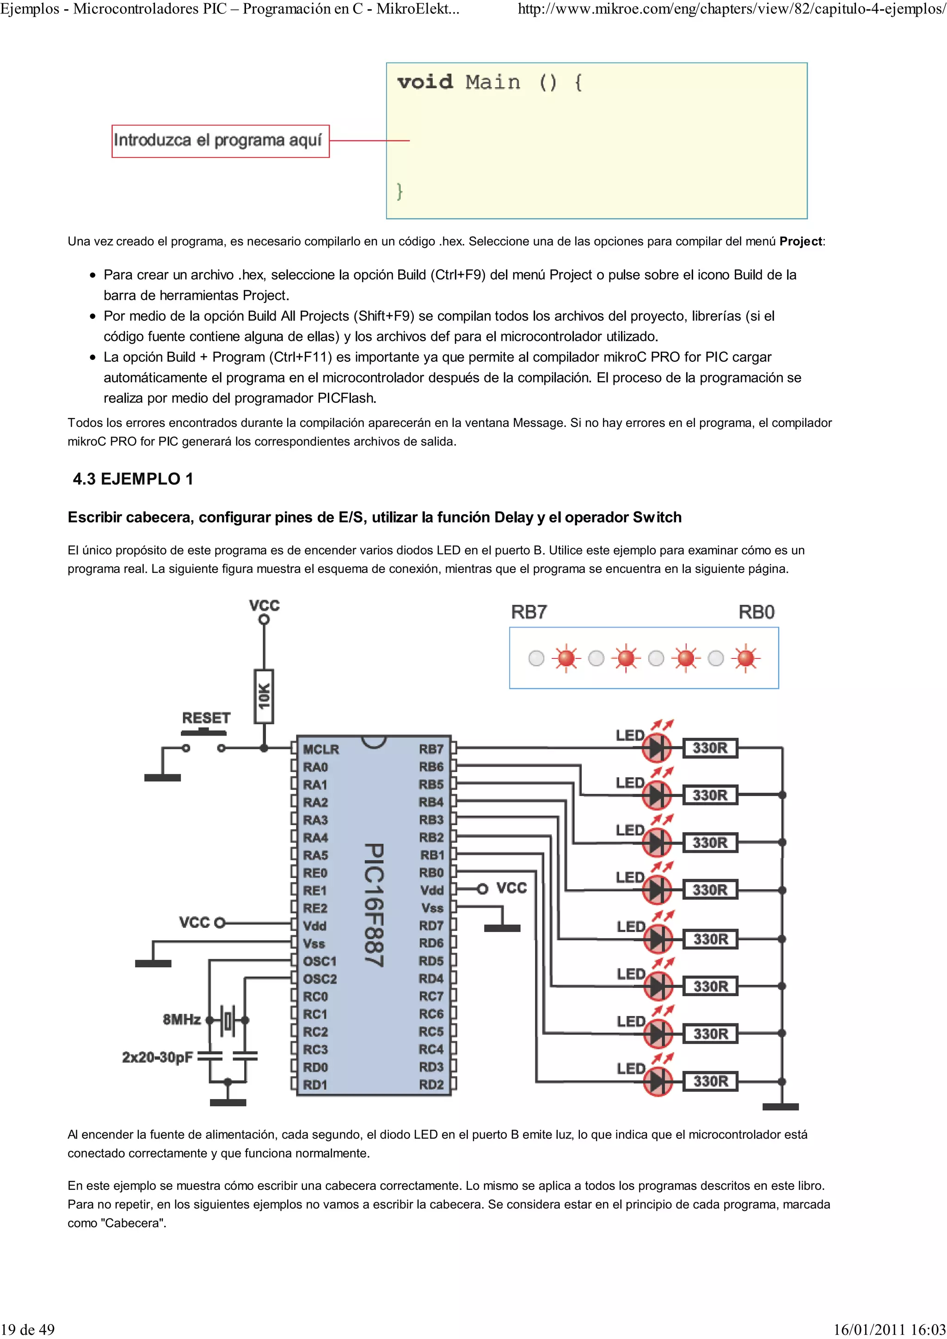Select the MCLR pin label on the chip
click(x=320, y=749)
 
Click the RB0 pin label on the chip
click(x=431, y=873)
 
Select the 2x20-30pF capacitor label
click(x=157, y=1057)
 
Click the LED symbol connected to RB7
click(x=657, y=748)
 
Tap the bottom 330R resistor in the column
click(x=710, y=1081)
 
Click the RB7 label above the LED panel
click(x=529, y=612)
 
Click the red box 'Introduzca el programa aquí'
click(x=220, y=140)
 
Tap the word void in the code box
click(x=425, y=82)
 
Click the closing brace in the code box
click(x=400, y=191)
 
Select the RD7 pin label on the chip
click(x=431, y=925)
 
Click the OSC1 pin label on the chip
click(x=320, y=961)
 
